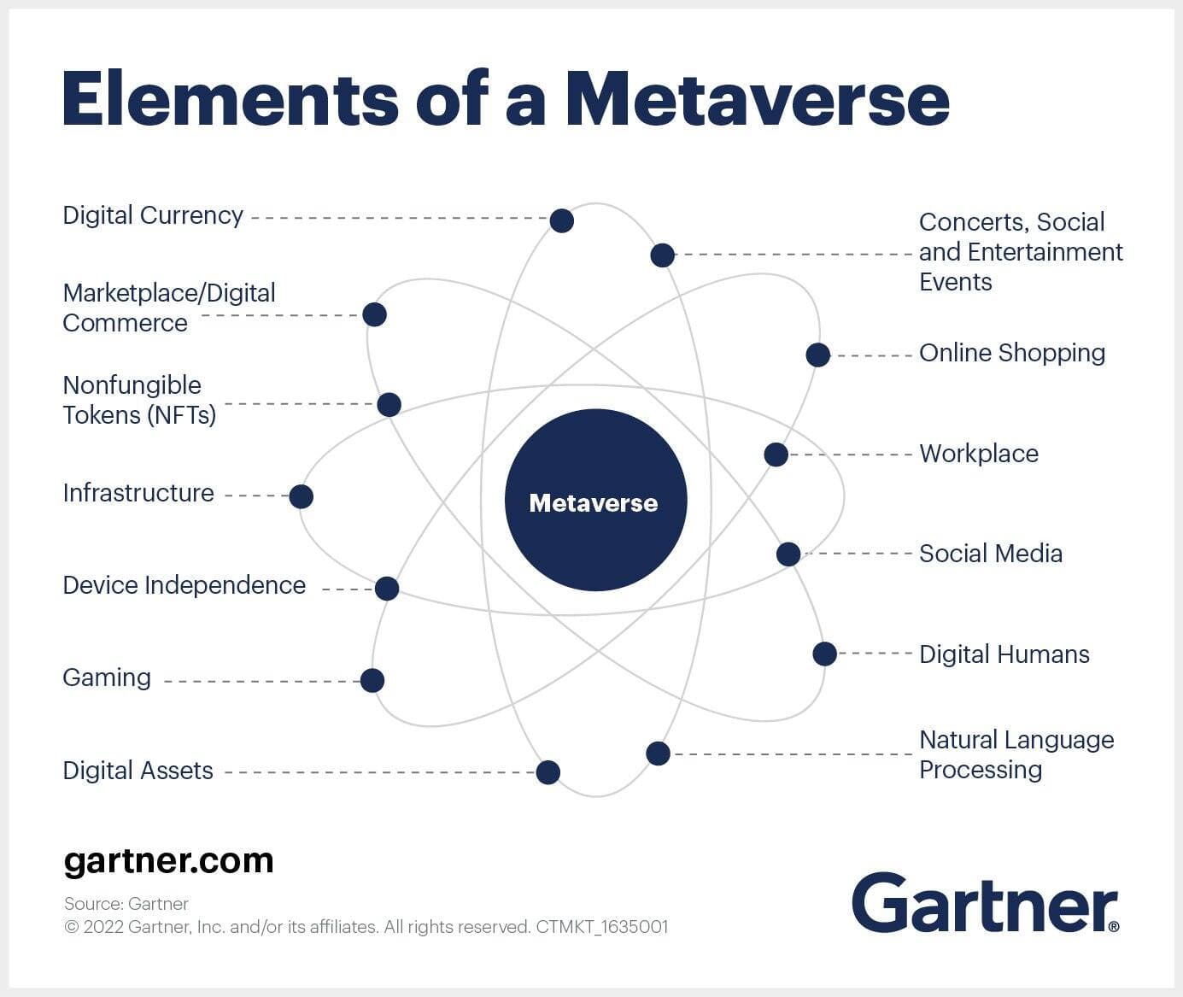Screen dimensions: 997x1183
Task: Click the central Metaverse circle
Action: tap(595, 501)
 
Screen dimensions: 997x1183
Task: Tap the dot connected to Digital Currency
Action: tap(561, 220)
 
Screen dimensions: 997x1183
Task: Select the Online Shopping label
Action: tap(1011, 353)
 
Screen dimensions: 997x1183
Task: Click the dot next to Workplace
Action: tap(776, 455)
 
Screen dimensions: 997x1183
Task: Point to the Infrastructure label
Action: tap(138, 493)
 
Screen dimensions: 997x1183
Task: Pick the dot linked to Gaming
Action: tap(372, 680)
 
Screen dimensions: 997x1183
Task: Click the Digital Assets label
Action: tap(138, 771)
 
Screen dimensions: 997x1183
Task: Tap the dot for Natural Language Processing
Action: tap(658, 753)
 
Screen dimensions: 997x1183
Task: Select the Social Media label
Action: tap(990, 554)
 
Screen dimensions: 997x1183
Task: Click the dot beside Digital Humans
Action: tap(824, 654)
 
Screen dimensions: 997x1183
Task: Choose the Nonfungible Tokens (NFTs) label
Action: tap(139, 400)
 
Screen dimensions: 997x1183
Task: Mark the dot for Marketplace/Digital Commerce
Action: tap(374, 314)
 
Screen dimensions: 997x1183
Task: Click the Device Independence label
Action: tap(184, 585)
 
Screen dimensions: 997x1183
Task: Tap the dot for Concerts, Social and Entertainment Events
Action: tap(662, 255)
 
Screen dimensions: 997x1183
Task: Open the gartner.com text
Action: tap(168, 860)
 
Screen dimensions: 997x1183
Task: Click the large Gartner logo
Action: tap(984, 903)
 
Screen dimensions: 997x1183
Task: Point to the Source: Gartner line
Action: tap(126, 903)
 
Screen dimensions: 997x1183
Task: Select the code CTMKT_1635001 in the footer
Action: tap(601, 926)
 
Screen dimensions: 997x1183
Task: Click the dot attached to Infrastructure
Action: tap(301, 496)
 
